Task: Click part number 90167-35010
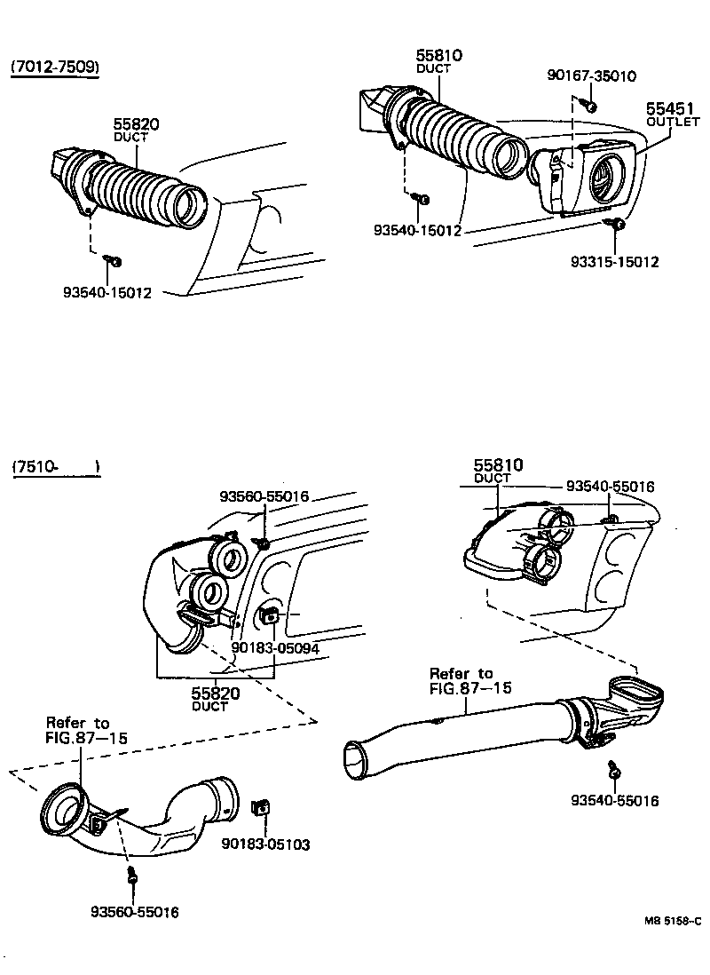[592, 76]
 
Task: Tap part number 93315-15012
[615, 262]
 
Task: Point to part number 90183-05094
[276, 647]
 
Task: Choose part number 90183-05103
[266, 844]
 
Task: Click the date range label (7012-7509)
[54, 67]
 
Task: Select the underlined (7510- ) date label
[55, 467]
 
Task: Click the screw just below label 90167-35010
[588, 105]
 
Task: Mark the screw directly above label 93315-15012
[618, 226]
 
